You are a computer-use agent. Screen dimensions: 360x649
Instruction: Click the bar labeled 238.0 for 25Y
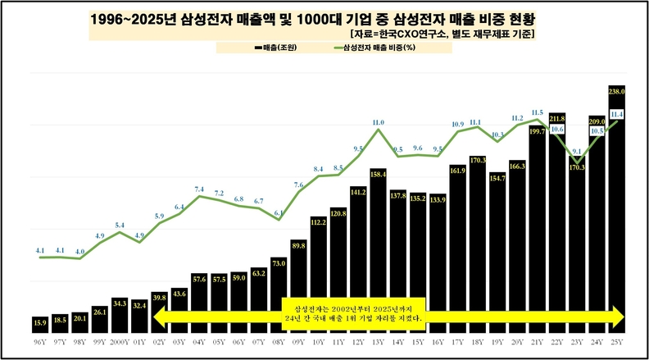pyautogui.click(x=618, y=205)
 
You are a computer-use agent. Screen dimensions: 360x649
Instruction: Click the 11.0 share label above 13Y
pyautogui.click(x=378, y=122)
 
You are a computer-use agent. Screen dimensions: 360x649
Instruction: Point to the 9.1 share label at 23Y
pyautogui.click(x=577, y=152)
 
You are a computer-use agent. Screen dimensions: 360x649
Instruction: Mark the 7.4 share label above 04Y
pyautogui.click(x=199, y=189)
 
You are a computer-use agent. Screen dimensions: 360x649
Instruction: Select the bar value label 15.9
pyautogui.click(x=40, y=321)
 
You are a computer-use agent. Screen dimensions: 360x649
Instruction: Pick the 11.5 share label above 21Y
pyautogui.click(x=538, y=112)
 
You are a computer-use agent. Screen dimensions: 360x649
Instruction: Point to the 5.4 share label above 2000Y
pyautogui.click(x=120, y=225)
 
